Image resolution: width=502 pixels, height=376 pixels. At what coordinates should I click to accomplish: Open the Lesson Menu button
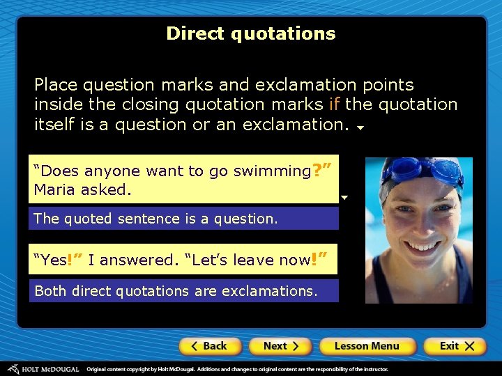coord(367,346)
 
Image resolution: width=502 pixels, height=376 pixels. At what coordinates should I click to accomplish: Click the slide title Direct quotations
coord(251,33)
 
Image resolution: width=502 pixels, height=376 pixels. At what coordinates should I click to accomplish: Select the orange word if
coord(335,105)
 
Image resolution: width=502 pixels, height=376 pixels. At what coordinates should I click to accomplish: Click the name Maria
coord(54,189)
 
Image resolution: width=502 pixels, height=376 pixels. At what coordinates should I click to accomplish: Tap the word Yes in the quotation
coord(53,260)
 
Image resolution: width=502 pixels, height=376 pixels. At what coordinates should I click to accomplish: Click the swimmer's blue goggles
coord(420,169)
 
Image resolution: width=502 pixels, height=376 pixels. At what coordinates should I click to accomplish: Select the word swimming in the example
coord(273,171)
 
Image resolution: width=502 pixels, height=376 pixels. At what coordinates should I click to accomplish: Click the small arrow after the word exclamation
coord(360,128)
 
